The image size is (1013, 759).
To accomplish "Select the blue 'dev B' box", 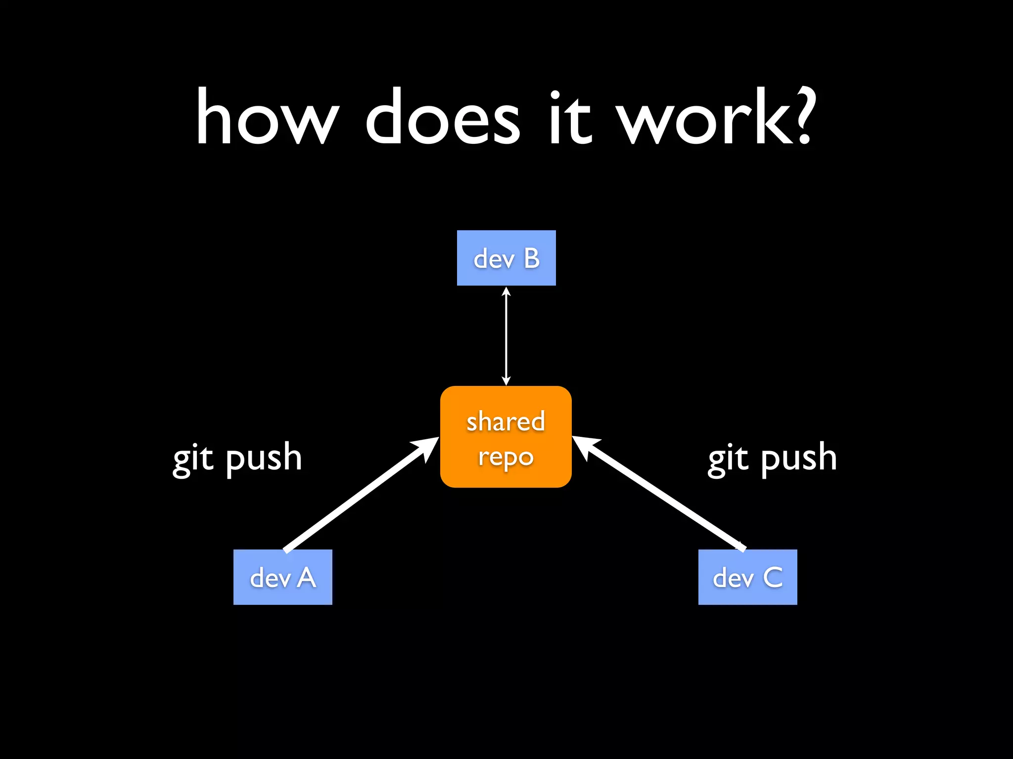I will (506, 257).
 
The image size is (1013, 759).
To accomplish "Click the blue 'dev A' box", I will (282, 577).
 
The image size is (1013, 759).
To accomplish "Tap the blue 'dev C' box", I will (747, 577).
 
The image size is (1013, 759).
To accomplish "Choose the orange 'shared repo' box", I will (506, 437).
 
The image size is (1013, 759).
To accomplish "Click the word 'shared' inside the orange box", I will (506, 422).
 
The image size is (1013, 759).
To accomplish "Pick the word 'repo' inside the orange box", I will (506, 457).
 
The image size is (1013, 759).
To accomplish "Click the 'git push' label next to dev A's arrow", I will (237, 458).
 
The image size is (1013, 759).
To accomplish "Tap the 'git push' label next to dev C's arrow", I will (772, 458).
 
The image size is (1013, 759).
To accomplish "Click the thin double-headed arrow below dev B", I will (506, 336).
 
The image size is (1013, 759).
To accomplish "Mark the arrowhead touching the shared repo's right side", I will (585, 445).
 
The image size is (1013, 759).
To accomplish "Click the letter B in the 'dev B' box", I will (532, 258).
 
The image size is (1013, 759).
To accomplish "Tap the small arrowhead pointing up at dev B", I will (506, 292).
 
